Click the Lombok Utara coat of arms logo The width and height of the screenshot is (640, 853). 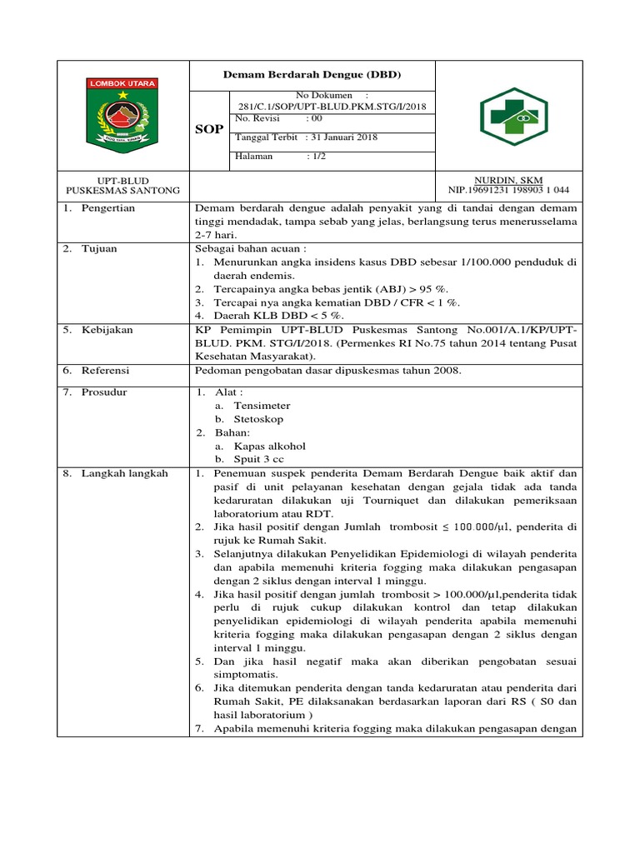click(122, 116)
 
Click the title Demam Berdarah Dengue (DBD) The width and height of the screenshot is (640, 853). click(312, 75)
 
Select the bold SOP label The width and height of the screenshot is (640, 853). click(208, 131)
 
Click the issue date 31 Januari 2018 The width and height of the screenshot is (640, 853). click(342, 137)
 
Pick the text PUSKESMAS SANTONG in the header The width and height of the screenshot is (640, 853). click(123, 191)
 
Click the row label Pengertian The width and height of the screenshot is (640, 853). click(107, 208)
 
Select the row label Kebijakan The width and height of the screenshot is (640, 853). click(107, 330)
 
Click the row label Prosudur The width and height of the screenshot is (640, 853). click(104, 392)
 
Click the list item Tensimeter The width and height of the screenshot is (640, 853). click(262, 405)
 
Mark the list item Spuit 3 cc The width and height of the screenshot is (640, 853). click(258, 459)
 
